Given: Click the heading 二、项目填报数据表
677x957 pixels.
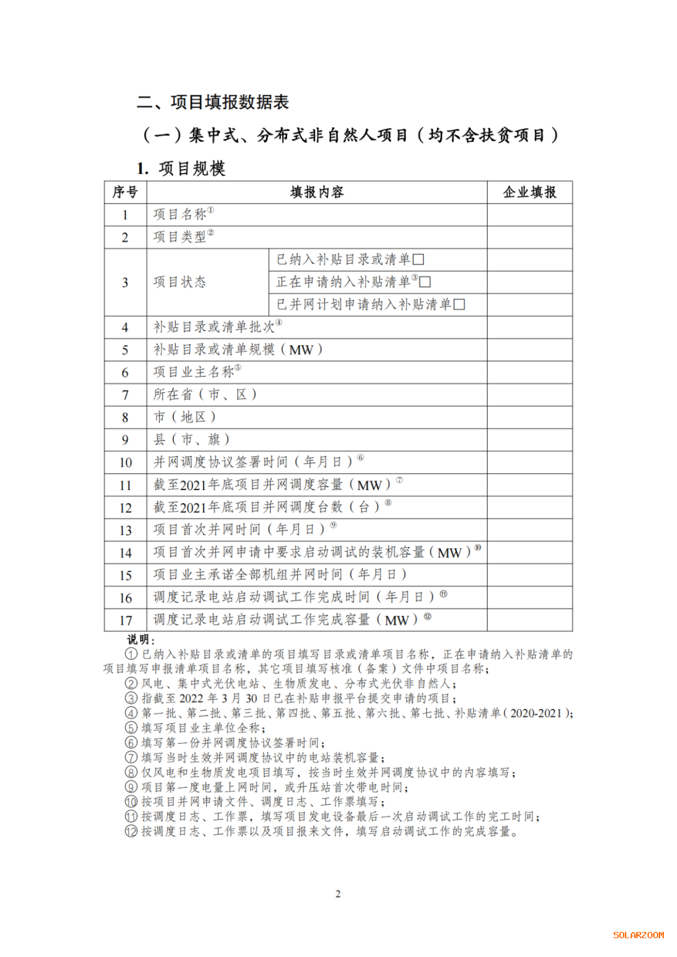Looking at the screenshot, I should (x=213, y=102).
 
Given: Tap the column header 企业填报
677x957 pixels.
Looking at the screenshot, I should (x=530, y=192).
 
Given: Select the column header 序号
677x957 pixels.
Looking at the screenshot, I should (x=125, y=192).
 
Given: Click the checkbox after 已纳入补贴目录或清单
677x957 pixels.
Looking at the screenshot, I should (x=419, y=259).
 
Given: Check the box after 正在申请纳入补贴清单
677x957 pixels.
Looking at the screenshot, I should (x=425, y=282).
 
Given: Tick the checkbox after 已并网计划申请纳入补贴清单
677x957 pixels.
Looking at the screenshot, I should (x=459, y=305).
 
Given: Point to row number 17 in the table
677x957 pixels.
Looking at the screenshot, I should (x=125, y=620).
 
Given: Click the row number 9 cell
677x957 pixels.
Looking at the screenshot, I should (x=125, y=440).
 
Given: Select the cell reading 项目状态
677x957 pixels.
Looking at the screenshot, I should (x=180, y=282).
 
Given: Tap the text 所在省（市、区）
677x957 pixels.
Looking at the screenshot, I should (x=205, y=395).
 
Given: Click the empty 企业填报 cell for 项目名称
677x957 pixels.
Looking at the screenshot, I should (x=530, y=215).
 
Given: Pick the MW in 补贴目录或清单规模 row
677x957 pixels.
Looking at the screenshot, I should (x=301, y=350).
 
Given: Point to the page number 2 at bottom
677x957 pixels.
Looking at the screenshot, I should (x=338, y=894).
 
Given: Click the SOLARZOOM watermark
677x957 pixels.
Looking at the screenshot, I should (x=638, y=935).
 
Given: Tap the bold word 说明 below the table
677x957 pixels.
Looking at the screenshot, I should (x=139, y=639).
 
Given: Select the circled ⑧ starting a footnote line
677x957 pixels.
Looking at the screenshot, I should (x=131, y=773).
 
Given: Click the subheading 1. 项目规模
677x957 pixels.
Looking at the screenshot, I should (x=181, y=169).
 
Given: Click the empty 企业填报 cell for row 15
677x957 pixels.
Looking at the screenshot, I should (x=530, y=575).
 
